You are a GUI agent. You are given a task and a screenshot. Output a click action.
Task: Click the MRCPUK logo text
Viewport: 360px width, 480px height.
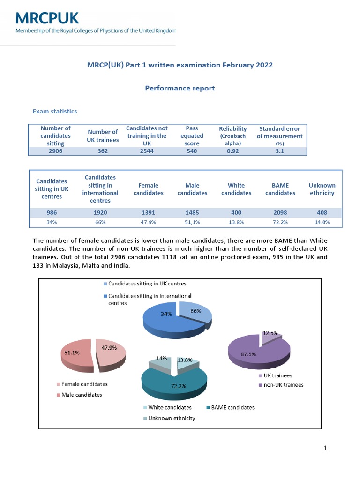[x=47, y=18]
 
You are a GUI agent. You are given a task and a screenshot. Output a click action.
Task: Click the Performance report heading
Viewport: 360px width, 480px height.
[x=180, y=88]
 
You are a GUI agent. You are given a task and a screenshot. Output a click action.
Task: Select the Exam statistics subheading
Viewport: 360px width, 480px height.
[x=55, y=111]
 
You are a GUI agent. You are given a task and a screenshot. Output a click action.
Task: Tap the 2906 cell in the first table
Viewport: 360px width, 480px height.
[x=55, y=151]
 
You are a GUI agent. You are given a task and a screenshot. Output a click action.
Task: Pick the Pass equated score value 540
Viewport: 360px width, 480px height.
[x=192, y=151]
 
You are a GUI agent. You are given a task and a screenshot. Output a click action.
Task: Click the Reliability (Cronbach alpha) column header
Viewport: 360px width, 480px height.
[x=232, y=135]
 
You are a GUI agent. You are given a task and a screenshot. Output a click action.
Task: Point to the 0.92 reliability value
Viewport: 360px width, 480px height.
[x=232, y=151]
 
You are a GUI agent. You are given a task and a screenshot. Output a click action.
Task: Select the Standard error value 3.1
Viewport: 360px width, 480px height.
[x=279, y=151]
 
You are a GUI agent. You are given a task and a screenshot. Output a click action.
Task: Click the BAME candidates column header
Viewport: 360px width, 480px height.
[x=280, y=189]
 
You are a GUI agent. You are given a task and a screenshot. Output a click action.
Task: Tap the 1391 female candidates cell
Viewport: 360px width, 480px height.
[x=148, y=212]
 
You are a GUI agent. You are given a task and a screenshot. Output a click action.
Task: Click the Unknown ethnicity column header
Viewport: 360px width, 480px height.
[x=322, y=189]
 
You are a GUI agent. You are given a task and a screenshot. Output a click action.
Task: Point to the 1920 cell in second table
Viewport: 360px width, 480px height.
[x=100, y=212]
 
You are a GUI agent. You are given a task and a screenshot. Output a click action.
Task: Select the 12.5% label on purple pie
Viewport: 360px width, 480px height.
[x=270, y=333]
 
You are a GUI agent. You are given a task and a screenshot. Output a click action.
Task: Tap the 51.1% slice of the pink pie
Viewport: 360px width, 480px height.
[x=74, y=354]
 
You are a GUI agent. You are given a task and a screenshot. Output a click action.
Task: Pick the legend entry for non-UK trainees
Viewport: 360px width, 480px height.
[x=284, y=385]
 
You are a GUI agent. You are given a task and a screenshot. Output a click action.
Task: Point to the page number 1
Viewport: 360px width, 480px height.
[x=325, y=448]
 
